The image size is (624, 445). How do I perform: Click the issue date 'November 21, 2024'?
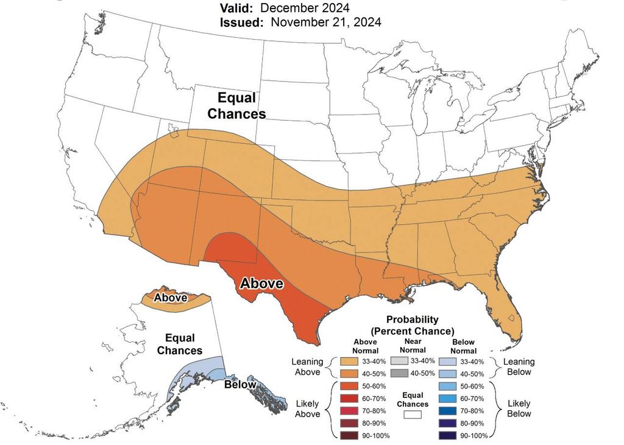click(326, 23)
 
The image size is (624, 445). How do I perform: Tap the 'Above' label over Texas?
click(261, 283)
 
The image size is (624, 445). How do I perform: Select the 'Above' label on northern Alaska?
click(170, 298)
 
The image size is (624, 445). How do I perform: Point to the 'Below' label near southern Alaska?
click(239, 385)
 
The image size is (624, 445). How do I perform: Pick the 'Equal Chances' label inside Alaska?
click(180, 344)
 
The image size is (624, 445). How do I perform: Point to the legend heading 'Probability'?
click(413, 319)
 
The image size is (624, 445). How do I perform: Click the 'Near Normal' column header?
click(413, 346)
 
